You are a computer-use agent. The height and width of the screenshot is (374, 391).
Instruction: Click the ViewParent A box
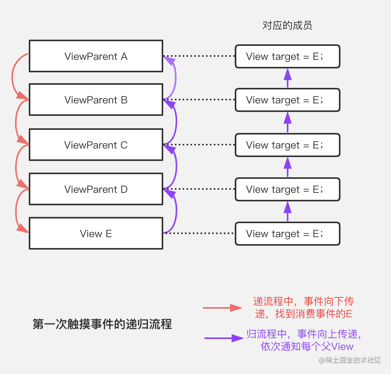(x=96, y=56)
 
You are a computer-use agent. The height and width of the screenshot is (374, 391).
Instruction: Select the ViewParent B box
(x=96, y=100)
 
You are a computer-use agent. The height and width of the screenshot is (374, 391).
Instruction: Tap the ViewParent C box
(x=96, y=145)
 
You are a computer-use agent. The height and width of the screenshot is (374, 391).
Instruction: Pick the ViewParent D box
(x=96, y=189)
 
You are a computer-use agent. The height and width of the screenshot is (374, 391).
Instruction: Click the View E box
(x=96, y=233)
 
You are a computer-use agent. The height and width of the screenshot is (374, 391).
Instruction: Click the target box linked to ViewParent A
(x=288, y=56)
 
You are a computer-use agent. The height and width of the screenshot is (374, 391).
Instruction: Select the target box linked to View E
(x=288, y=234)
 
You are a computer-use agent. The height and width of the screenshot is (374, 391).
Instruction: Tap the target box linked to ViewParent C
(x=288, y=145)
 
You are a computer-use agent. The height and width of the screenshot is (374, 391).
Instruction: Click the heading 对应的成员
(x=287, y=25)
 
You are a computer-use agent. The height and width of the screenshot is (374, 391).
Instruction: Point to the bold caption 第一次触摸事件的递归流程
(x=102, y=324)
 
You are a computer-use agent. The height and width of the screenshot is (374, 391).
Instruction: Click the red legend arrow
(x=223, y=308)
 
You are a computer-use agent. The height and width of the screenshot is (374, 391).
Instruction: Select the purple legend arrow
(x=224, y=338)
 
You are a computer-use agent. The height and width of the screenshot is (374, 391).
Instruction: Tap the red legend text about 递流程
(x=304, y=308)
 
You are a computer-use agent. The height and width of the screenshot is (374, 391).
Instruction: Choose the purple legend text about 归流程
(x=304, y=340)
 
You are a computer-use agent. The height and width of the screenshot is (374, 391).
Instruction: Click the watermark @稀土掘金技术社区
(x=350, y=360)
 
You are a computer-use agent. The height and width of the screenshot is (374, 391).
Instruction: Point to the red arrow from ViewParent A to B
(x=12, y=77)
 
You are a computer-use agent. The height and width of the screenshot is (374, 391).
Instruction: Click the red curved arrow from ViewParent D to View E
(x=16, y=211)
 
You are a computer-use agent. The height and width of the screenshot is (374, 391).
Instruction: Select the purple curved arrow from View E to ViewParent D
(x=176, y=211)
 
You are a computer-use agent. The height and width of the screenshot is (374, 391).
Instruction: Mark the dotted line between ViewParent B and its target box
(x=199, y=100)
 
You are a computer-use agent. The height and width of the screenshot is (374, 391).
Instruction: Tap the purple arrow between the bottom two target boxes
(x=288, y=211)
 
